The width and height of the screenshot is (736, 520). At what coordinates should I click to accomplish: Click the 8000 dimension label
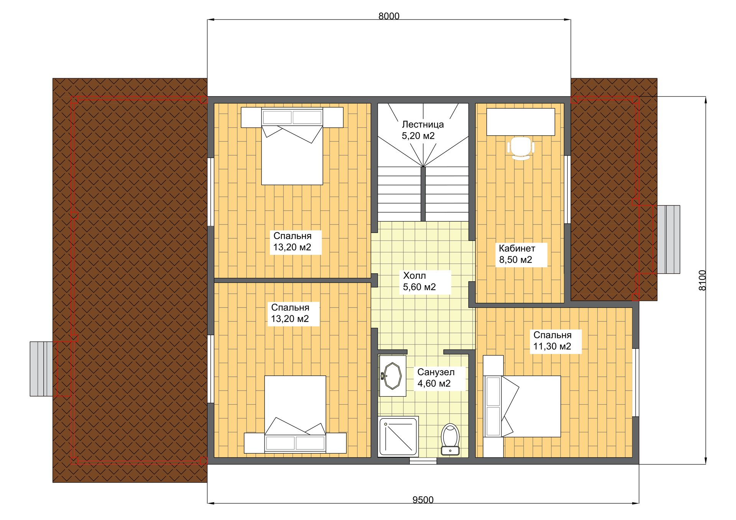pos(389,16)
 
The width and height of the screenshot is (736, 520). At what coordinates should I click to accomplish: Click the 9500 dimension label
pos(423,500)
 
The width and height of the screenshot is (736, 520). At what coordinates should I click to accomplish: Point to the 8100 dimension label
pos(702,281)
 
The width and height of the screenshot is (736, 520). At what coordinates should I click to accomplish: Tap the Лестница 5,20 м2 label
pos(422,130)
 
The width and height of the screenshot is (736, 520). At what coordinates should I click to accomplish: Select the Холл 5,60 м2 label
pos(419,281)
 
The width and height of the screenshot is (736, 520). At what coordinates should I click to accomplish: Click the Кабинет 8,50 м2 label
pos(517,254)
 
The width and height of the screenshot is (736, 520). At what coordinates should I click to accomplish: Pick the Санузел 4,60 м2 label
pos(436,378)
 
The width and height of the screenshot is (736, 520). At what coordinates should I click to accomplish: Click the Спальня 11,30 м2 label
pos(552,341)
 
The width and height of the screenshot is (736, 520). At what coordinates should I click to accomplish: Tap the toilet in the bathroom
pos(450,440)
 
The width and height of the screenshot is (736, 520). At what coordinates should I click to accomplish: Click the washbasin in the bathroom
pos(392,376)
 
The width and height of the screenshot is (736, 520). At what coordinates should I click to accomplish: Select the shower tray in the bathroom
pos(398,437)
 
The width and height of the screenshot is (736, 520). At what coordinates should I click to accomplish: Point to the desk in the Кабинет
pos(521,122)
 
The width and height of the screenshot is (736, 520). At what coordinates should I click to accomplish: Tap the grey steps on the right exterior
pos(669,239)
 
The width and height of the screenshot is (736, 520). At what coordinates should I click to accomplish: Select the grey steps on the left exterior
pos(41,369)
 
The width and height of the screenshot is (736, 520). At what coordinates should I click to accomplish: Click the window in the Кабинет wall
pos(567,189)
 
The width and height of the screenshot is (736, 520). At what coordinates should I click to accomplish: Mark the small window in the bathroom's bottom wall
pos(423,461)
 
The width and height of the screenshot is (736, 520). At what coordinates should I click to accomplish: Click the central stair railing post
pos(423,194)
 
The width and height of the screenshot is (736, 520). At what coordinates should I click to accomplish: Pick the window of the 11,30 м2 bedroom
pos(636,382)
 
